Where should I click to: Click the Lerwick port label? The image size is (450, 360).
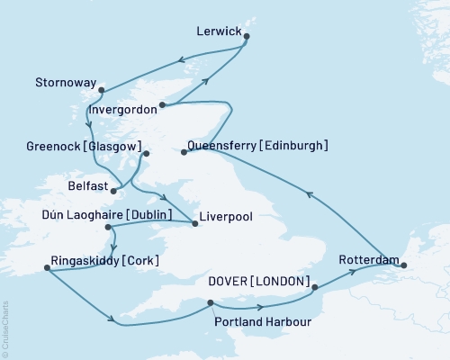[219, 31]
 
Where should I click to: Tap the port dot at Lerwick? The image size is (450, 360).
[247, 37]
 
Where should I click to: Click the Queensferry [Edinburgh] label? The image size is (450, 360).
[258, 146]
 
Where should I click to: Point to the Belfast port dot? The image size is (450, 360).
[113, 191]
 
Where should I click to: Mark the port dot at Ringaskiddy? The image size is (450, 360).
[45, 266]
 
